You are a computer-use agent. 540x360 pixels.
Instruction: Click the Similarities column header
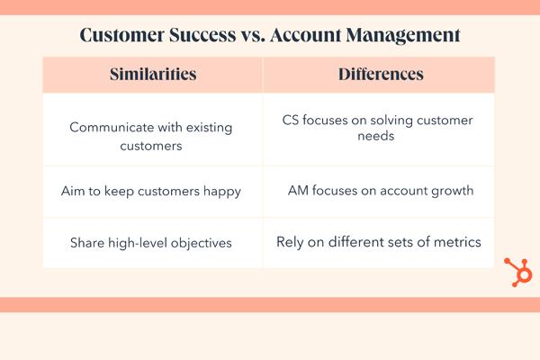click(153, 74)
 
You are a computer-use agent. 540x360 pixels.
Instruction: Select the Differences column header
click(381, 74)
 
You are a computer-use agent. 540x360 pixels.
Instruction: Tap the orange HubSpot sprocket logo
click(518, 272)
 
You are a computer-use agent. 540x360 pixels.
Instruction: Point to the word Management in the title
click(403, 35)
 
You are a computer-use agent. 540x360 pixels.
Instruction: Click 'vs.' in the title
click(253, 35)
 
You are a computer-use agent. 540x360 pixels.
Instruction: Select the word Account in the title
click(306, 35)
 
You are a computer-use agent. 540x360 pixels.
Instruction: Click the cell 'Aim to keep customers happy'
click(151, 191)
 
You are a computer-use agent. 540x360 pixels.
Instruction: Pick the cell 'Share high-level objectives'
click(151, 243)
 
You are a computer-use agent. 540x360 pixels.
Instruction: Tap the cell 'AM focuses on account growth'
click(381, 191)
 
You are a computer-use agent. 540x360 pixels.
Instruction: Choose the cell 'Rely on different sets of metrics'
click(379, 242)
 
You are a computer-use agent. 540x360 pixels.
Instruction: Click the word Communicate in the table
click(112, 127)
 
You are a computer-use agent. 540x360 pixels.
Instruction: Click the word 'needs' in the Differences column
click(375, 136)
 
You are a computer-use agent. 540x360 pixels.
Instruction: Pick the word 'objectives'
click(201, 243)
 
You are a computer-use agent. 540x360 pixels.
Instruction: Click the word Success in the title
click(202, 35)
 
